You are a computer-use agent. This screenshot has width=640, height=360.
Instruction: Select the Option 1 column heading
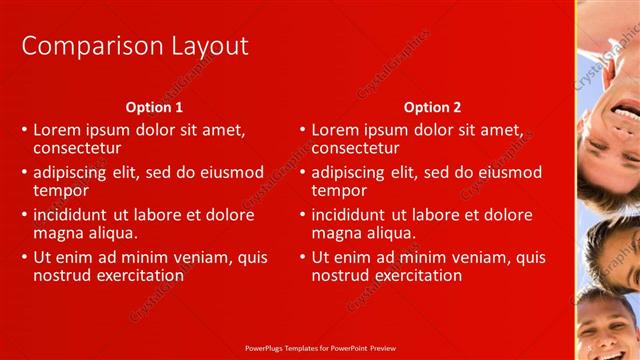(x=154, y=107)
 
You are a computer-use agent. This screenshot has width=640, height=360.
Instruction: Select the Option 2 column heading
(x=432, y=107)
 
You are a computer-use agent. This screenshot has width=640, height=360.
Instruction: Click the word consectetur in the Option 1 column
(x=83, y=148)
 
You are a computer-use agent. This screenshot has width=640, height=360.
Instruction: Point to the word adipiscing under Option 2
(x=353, y=172)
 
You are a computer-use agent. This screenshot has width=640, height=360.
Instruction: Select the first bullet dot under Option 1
(x=24, y=131)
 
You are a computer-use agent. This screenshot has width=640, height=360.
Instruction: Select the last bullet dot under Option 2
(x=302, y=258)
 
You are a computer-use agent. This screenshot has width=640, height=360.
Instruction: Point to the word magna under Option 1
(x=58, y=233)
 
